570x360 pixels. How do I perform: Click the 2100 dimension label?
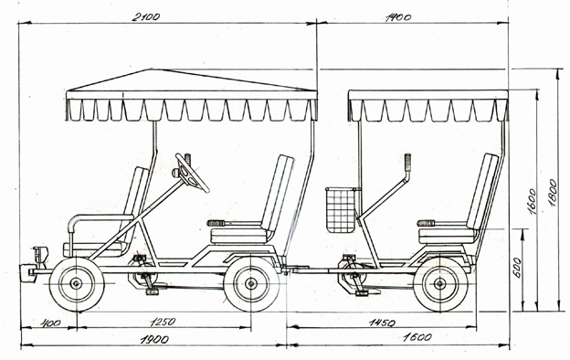point(145,17)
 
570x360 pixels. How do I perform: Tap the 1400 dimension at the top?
point(398,17)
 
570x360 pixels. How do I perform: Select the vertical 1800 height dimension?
point(553,193)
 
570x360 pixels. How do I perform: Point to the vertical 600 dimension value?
point(518,268)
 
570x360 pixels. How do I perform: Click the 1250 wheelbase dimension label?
point(163,322)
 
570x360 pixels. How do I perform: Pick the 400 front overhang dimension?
point(50,323)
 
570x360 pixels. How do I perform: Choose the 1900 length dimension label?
point(154,340)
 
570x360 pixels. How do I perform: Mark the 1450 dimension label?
point(382,323)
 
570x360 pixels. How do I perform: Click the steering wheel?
point(193,173)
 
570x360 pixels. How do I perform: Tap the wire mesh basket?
point(341,210)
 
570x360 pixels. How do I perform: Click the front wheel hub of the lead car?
point(77,283)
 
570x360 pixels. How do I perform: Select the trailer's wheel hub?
point(440,283)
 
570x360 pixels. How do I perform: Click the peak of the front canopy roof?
point(149,69)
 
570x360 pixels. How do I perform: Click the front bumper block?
point(26,272)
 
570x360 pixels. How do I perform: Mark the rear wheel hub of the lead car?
point(251,283)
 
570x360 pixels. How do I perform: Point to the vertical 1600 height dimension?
point(532,201)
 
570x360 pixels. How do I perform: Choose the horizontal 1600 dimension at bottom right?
point(417,337)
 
